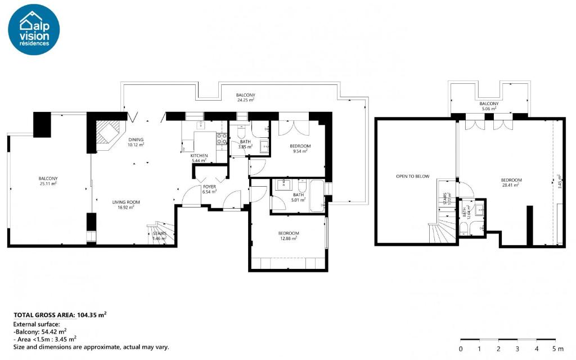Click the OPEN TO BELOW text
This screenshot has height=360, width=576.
(x=412, y=177)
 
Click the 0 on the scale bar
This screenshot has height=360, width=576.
(x=461, y=349)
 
